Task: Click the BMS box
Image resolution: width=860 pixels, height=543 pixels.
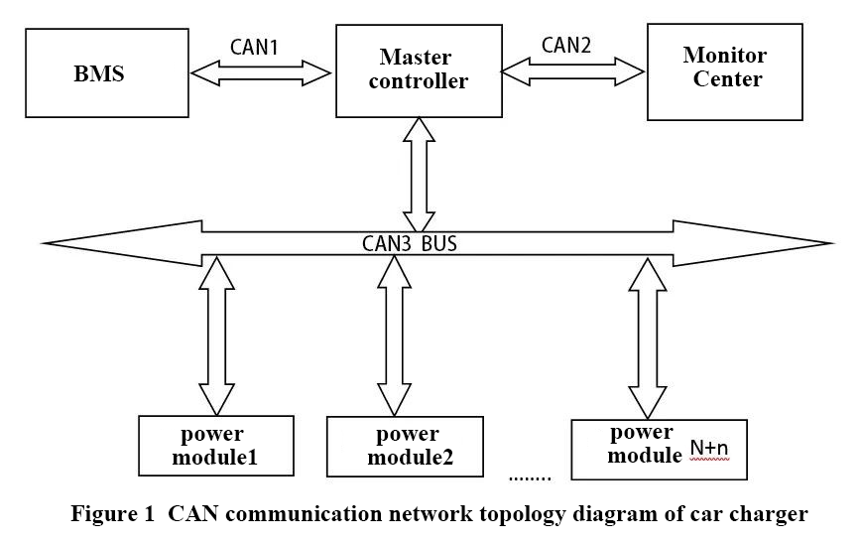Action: point(105,72)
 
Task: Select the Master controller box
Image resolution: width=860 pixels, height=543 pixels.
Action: point(417,69)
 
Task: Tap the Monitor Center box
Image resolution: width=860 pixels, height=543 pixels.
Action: point(724,69)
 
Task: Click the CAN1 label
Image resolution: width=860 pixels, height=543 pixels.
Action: point(255,46)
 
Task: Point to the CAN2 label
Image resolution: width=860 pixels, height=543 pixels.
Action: point(567,45)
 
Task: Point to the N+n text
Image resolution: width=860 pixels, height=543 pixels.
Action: point(709,449)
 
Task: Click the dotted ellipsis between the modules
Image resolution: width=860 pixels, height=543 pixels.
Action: point(529,478)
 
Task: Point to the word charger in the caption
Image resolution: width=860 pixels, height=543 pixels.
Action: point(775,514)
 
